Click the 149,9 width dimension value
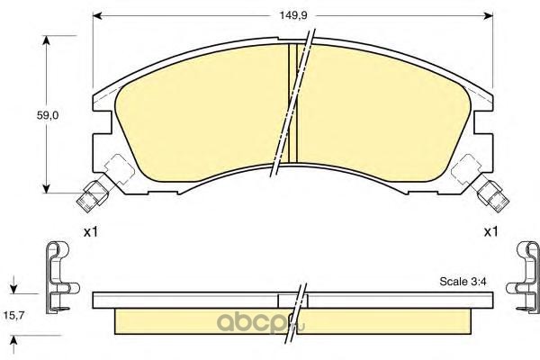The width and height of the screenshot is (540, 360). coord(292,16)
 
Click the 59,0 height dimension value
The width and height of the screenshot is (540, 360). coord(48,115)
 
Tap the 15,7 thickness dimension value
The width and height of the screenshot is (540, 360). coord(13,315)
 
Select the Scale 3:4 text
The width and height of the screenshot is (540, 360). coord(463,282)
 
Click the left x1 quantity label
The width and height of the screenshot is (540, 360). coord(91,232)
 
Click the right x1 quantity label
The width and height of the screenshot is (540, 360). coord(491,232)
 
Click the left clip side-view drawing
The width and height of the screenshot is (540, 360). coord(59,278)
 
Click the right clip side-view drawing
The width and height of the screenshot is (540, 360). coord(525,278)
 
